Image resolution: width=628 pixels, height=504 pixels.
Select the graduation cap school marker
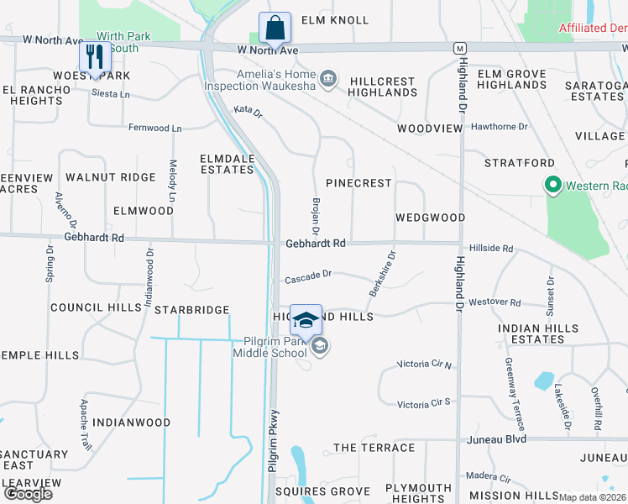tap(306, 321)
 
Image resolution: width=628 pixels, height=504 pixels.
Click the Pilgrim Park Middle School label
tap(270, 346)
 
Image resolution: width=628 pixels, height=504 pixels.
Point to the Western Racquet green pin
tap(553, 185)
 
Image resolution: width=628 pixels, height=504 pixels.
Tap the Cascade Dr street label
tap(308, 275)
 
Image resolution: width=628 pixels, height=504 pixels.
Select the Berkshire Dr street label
tap(382, 273)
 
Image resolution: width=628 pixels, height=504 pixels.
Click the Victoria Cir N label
tap(424, 365)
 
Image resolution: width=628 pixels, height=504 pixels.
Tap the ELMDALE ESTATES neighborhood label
tap(227, 164)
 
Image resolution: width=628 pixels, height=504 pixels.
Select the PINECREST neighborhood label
tap(358, 182)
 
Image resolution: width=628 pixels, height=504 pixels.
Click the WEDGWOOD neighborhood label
tap(430, 218)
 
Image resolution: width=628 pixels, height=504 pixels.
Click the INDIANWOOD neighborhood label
tap(131, 423)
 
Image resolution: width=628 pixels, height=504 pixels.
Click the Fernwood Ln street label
tap(154, 129)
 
